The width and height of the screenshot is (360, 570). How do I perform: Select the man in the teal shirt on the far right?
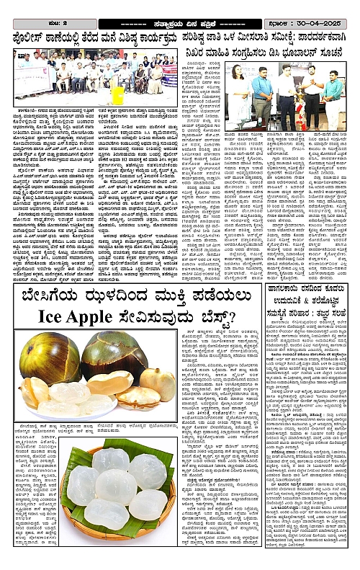point(333,97)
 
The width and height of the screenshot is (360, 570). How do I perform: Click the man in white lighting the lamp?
point(311,94)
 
